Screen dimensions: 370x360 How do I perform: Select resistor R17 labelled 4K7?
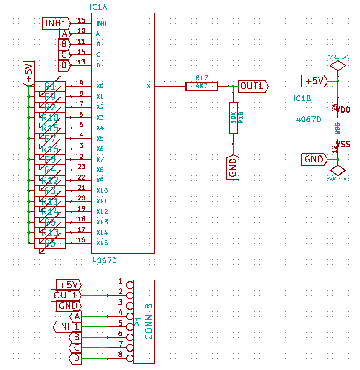202,86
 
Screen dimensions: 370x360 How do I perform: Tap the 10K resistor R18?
233,118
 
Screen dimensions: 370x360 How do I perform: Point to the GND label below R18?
233,167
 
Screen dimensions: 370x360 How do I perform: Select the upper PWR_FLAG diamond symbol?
337,66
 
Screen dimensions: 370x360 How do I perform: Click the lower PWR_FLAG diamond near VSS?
337,170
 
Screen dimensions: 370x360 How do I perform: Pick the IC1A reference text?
99,8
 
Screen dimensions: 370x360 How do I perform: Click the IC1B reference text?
302,99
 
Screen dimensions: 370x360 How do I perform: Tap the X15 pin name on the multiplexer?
102,243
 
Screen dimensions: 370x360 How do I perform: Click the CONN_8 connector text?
148,321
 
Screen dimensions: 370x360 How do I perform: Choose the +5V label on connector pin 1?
69,285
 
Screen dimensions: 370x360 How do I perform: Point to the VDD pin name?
345,110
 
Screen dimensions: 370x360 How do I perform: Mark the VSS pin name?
345,144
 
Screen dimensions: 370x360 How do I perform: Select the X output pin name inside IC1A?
148,86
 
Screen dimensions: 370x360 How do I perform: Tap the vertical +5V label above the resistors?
28,73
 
